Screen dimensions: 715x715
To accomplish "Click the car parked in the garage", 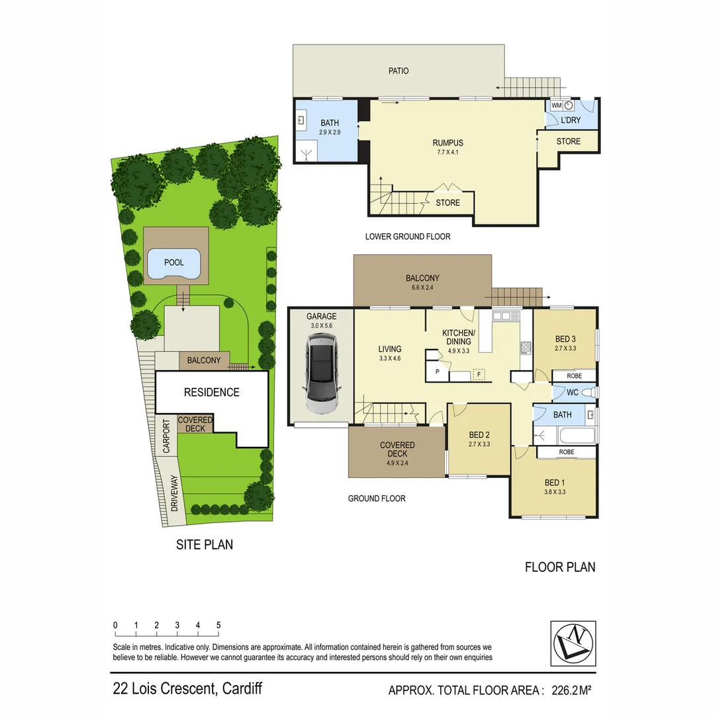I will [x=321, y=374].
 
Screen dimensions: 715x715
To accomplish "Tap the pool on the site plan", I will [x=173, y=263].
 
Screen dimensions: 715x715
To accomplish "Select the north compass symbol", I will [x=573, y=643].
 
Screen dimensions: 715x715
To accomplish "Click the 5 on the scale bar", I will [x=218, y=625].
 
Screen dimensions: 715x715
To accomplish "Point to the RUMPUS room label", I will [x=448, y=143].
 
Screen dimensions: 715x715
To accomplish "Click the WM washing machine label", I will [x=556, y=105].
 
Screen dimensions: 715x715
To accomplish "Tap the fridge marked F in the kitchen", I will [x=479, y=374].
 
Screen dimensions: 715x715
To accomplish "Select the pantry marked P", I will [x=437, y=372].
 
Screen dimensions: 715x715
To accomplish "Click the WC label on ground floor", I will [x=573, y=393].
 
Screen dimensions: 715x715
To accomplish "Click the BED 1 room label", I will [x=555, y=483].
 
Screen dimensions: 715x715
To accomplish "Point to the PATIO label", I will [x=398, y=71].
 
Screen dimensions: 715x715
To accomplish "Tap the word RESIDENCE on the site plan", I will [x=211, y=393].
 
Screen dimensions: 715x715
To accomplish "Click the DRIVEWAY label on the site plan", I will [x=175, y=493].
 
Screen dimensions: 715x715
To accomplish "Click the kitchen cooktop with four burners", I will [x=526, y=348].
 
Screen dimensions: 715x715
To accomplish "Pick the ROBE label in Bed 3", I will [x=566, y=376].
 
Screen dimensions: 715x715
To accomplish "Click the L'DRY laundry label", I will [x=570, y=120].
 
